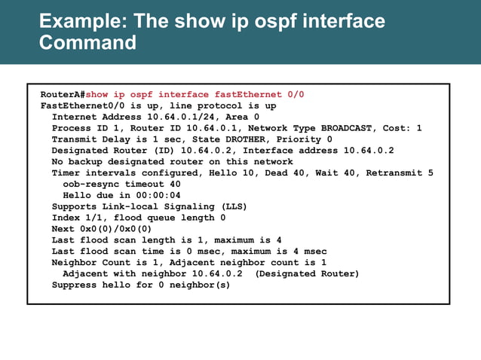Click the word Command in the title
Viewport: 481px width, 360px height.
pyautogui.click(x=87, y=42)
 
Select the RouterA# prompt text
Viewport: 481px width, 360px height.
pyautogui.click(x=63, y=95)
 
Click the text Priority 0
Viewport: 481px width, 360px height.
pyautogui.click(x=305, y=139)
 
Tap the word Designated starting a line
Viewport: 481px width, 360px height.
pyautogui.click(x=80, y=151)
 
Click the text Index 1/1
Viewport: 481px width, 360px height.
pyautogui.click(x=77, y=218)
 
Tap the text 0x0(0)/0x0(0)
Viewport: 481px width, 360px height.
pyautogui.click(x=115, y=229)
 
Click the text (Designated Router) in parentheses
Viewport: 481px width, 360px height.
pyautogui.click(x=308, y=273)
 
